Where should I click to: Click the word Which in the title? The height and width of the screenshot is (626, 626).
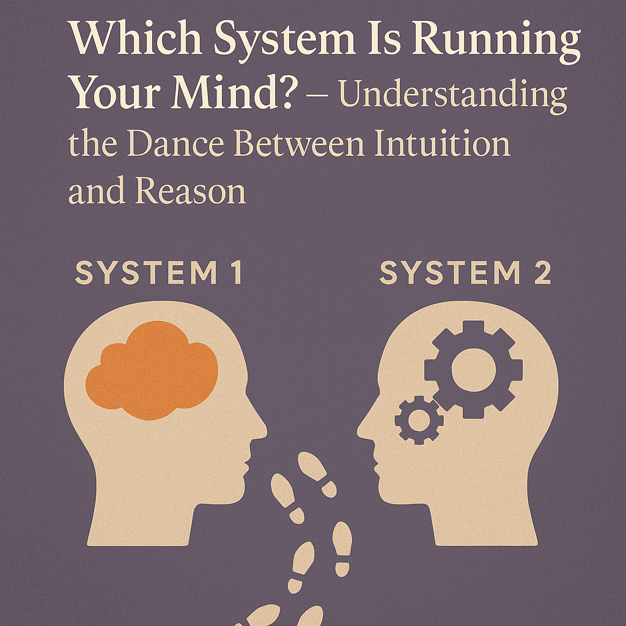point(136,38)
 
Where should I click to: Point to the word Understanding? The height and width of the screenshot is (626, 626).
point(453,96)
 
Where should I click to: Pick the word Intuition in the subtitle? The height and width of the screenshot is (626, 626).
point(443,143)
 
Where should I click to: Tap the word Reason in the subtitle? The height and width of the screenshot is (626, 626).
point(191,190)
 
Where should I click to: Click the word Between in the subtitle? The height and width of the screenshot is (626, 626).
point(299,143)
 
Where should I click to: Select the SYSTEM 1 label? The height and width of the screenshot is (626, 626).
point(159,273)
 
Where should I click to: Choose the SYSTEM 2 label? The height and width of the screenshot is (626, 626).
point(465,273)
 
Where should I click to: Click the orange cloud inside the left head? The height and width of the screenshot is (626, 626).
point(152,370)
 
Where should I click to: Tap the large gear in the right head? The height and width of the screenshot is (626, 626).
point(474,370)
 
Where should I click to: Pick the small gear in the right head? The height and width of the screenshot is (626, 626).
point(419,420)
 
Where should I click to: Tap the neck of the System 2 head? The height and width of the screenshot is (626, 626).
point(484,523)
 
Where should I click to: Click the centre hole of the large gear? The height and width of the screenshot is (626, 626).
point(474,370)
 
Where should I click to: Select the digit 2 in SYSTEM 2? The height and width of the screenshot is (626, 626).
point(543,273)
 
